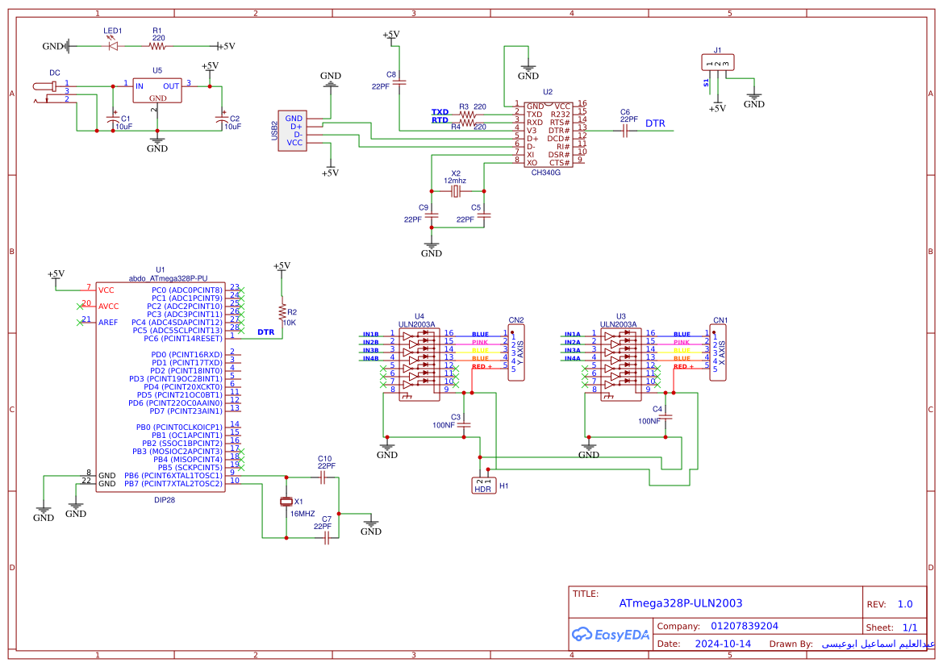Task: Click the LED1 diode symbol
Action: click(x=112, y=46)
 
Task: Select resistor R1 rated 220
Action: click(x=157, y=46)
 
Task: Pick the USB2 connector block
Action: click(x=291, y=130)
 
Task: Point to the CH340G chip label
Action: click(x=546, y=173)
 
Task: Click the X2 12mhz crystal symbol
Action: click(x=456, y=191)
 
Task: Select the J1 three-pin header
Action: click(x=717, y=63)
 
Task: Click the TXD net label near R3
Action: click(x=440, y=112)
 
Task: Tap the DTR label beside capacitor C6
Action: click(x=655, y=123)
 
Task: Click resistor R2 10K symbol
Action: click(x=282, y=312)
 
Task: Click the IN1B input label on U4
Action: click(x=370, y=334)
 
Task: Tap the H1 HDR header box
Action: click(x=483, y=486)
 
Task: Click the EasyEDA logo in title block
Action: click(x=611, y=635)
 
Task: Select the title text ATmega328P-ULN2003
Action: click(x=680, y=603)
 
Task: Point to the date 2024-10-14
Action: click(x=723, y=644)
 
